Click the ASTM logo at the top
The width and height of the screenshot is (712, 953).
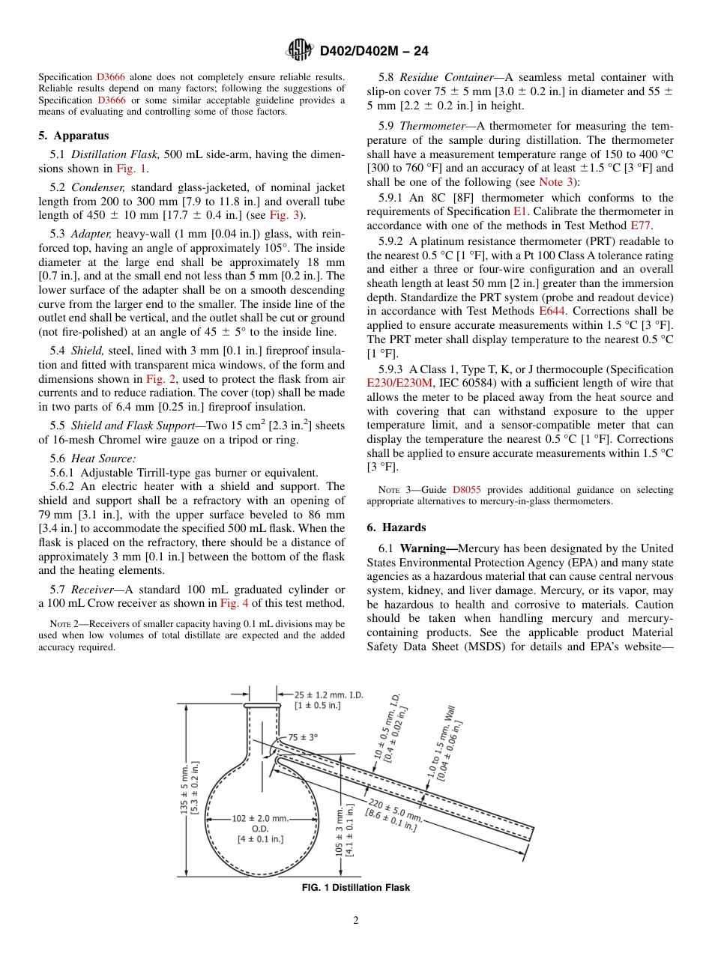[x=300, y=51]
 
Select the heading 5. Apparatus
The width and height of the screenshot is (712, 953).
[x=73, y=136]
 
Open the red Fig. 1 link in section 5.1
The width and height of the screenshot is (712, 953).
[x=132, y=169]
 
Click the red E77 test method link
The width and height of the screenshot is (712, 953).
[x=641, y=224]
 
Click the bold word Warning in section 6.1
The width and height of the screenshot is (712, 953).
[x=428, y=549]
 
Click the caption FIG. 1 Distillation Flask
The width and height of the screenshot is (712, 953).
[x=355, y=888]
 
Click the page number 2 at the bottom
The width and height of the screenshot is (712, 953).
[x=355, y=921]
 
